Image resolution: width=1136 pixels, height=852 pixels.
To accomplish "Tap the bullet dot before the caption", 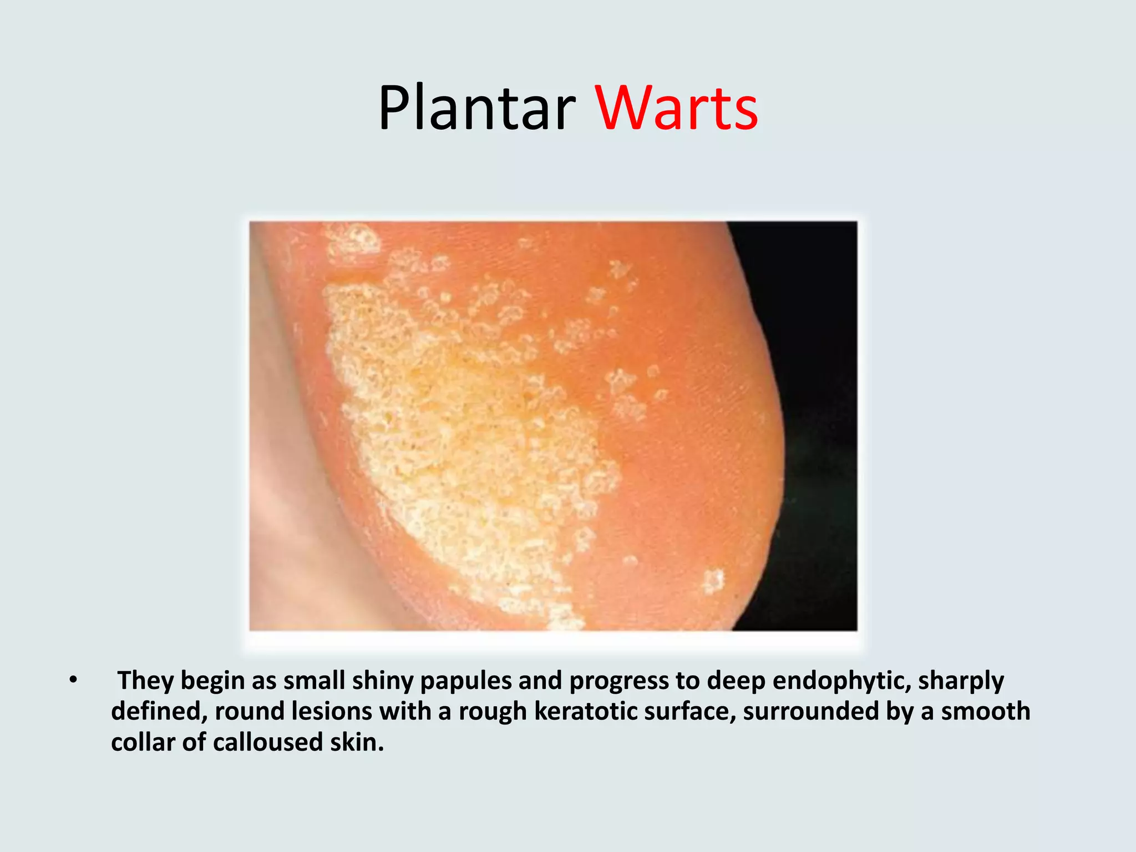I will click(73, 680).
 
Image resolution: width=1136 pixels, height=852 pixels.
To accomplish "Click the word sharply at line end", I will click(961, 681).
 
